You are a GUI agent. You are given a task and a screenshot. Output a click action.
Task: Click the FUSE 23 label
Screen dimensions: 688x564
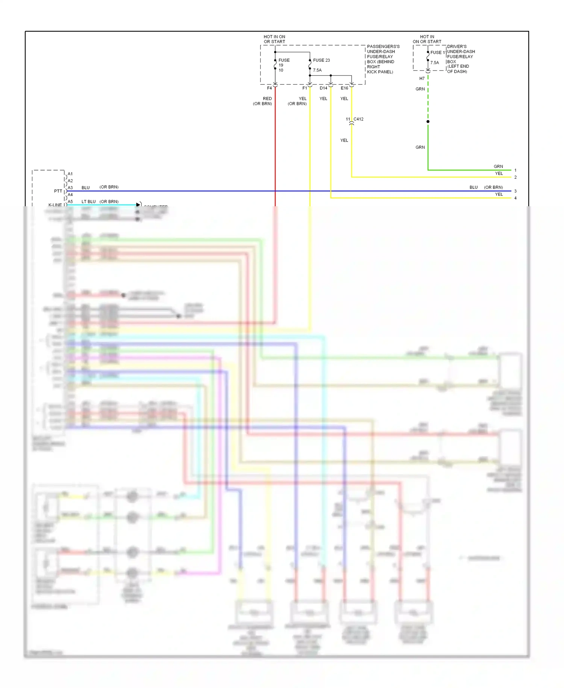(x=321, y=60)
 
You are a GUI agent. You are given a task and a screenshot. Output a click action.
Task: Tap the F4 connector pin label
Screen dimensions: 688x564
(x=269, y=88)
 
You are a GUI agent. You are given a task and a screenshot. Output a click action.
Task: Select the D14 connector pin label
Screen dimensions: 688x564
(x=323, y=88)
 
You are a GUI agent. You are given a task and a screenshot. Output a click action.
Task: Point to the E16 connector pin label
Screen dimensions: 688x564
(x=344, y=88)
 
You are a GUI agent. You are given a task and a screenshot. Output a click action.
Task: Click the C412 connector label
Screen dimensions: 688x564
(x=358, y=119)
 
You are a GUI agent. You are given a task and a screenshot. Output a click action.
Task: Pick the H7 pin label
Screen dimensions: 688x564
(x=422, y=79)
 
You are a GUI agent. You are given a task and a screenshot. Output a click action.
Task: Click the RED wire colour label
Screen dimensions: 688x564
(x=267, y=99)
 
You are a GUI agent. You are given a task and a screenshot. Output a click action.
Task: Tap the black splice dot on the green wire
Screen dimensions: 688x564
(x=428, y=122)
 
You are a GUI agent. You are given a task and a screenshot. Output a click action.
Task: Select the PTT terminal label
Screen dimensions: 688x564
(x=58, y=191)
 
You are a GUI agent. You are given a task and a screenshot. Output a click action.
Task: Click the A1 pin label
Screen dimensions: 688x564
(x=70, y=174)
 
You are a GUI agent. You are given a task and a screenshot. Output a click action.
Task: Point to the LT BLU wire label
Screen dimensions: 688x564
(x=89, y=202)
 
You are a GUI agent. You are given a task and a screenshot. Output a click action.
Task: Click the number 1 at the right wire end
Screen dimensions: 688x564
(x=515, y=170)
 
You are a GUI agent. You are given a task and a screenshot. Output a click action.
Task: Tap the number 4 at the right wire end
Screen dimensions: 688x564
(x=515, y=198)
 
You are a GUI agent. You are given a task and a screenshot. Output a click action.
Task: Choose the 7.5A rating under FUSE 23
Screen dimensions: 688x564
(x=317, y=70)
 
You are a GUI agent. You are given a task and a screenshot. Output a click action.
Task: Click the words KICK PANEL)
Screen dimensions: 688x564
(x=380, y=72)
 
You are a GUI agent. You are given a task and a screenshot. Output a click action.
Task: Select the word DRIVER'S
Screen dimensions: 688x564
(x=457, y=47)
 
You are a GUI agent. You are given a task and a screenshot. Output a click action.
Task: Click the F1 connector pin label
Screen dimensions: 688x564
(x=305, y=88)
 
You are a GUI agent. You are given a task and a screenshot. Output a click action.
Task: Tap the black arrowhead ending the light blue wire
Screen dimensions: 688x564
(x=138, y=205)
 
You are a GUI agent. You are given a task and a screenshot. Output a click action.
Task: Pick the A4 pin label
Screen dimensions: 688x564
(x=70, y=195)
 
